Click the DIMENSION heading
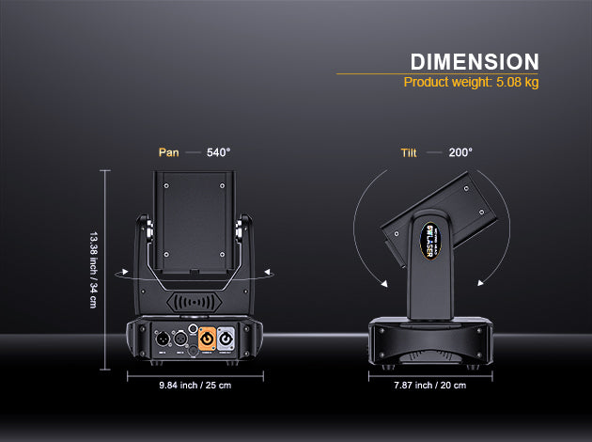(475, 62)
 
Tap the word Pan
(168, 151)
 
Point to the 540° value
(218, 151)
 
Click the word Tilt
(409, 151)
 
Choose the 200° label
(460, 151)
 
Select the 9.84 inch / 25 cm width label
(195, 386)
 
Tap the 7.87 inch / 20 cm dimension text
(430, 386)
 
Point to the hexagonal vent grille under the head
(195, 305)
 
